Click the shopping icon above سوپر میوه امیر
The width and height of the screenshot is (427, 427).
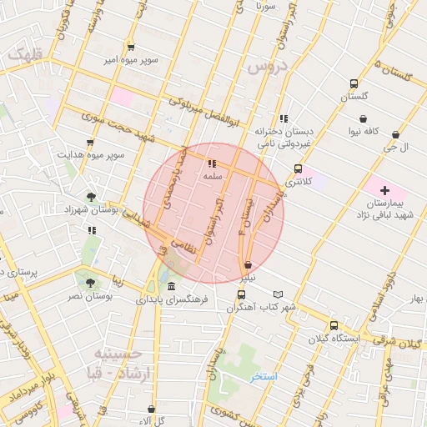pyautogui.click(x=131, y=47)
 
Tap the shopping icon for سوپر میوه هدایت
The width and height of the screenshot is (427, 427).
pyautogui.click(x=90, y=143)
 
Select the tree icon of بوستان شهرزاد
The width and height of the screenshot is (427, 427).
pyautogui.click(x=91, y=198)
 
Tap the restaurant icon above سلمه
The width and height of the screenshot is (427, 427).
pyautogui.click(x=212, y=164)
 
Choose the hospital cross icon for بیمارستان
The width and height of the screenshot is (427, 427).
pyautogui.click(x=384, y=191)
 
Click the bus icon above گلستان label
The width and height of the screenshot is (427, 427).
pyautogui.click(x=354, y=84)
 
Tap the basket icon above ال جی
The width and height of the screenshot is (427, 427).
pyautogui.click(x=395, y=134)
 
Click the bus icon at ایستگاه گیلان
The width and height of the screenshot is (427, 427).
pyautogui.click(x=334, y=326)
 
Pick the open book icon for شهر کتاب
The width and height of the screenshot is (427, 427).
pyautogui.click(x=279, y=294)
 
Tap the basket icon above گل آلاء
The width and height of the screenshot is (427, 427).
pyautogui.click(x=151, y=409)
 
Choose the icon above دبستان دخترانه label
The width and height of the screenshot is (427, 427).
pyautogui.click(x=284, y=118)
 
